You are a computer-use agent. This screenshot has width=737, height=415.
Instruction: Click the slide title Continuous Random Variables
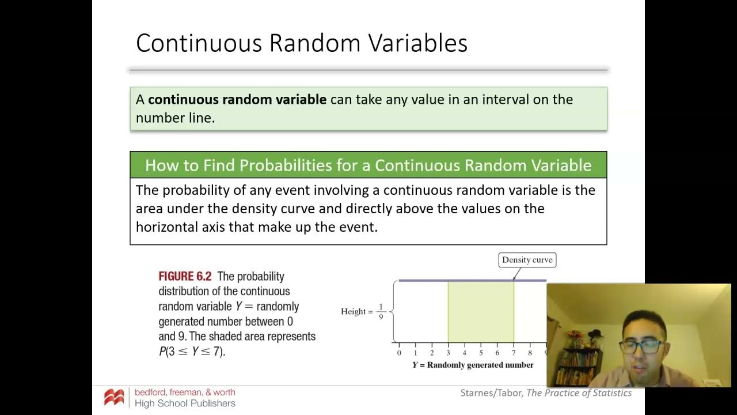pyautogui.click(x=301, y=43)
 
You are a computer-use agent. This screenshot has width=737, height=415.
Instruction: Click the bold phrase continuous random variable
pyautogui.click(x=237, y=100)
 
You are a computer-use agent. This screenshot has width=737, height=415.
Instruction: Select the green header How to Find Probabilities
pyautogui.click(x=368, y=165)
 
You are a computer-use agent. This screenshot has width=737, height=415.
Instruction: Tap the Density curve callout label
pyautogui.click(x=527, y=260)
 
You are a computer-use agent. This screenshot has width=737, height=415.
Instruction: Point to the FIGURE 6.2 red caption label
pyautogui.click(x=185, y=277)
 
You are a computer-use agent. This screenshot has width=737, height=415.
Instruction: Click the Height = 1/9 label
pyautogui.click(x=362, y=312)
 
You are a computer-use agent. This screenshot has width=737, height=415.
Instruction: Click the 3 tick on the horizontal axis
pyautogui.click(x=448, y=352)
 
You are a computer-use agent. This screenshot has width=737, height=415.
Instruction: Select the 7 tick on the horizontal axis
pyautogui.click(x=514, y=352)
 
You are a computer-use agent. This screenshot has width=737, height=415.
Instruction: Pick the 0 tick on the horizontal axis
pyautogui.click(x=399, y=352)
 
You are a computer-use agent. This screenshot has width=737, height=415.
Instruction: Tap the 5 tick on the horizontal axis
pyautogui.click(x=481, y=352)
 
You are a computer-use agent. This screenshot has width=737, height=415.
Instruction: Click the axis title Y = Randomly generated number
pyautogui.click(x=472, y=365)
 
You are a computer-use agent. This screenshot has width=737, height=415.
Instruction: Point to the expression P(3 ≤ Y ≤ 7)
pyautogui.click(x=192, y=351)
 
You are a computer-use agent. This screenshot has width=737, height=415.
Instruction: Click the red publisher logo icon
pyautogui.click(x=114, y=397)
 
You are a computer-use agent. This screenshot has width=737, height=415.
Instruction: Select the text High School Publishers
pyautogui.click(x=185, y=403)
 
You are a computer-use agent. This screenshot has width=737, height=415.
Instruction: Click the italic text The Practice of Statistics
pyautogui.click(x=579, y=393)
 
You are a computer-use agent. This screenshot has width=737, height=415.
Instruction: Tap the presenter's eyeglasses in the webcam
pyautogui.click(x=640, y=347)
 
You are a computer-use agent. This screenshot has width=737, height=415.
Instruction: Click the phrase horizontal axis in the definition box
pyautogui.click(x=180, y=227)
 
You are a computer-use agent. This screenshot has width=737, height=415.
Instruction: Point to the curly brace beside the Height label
pyautogui.click(x=393, y=312)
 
